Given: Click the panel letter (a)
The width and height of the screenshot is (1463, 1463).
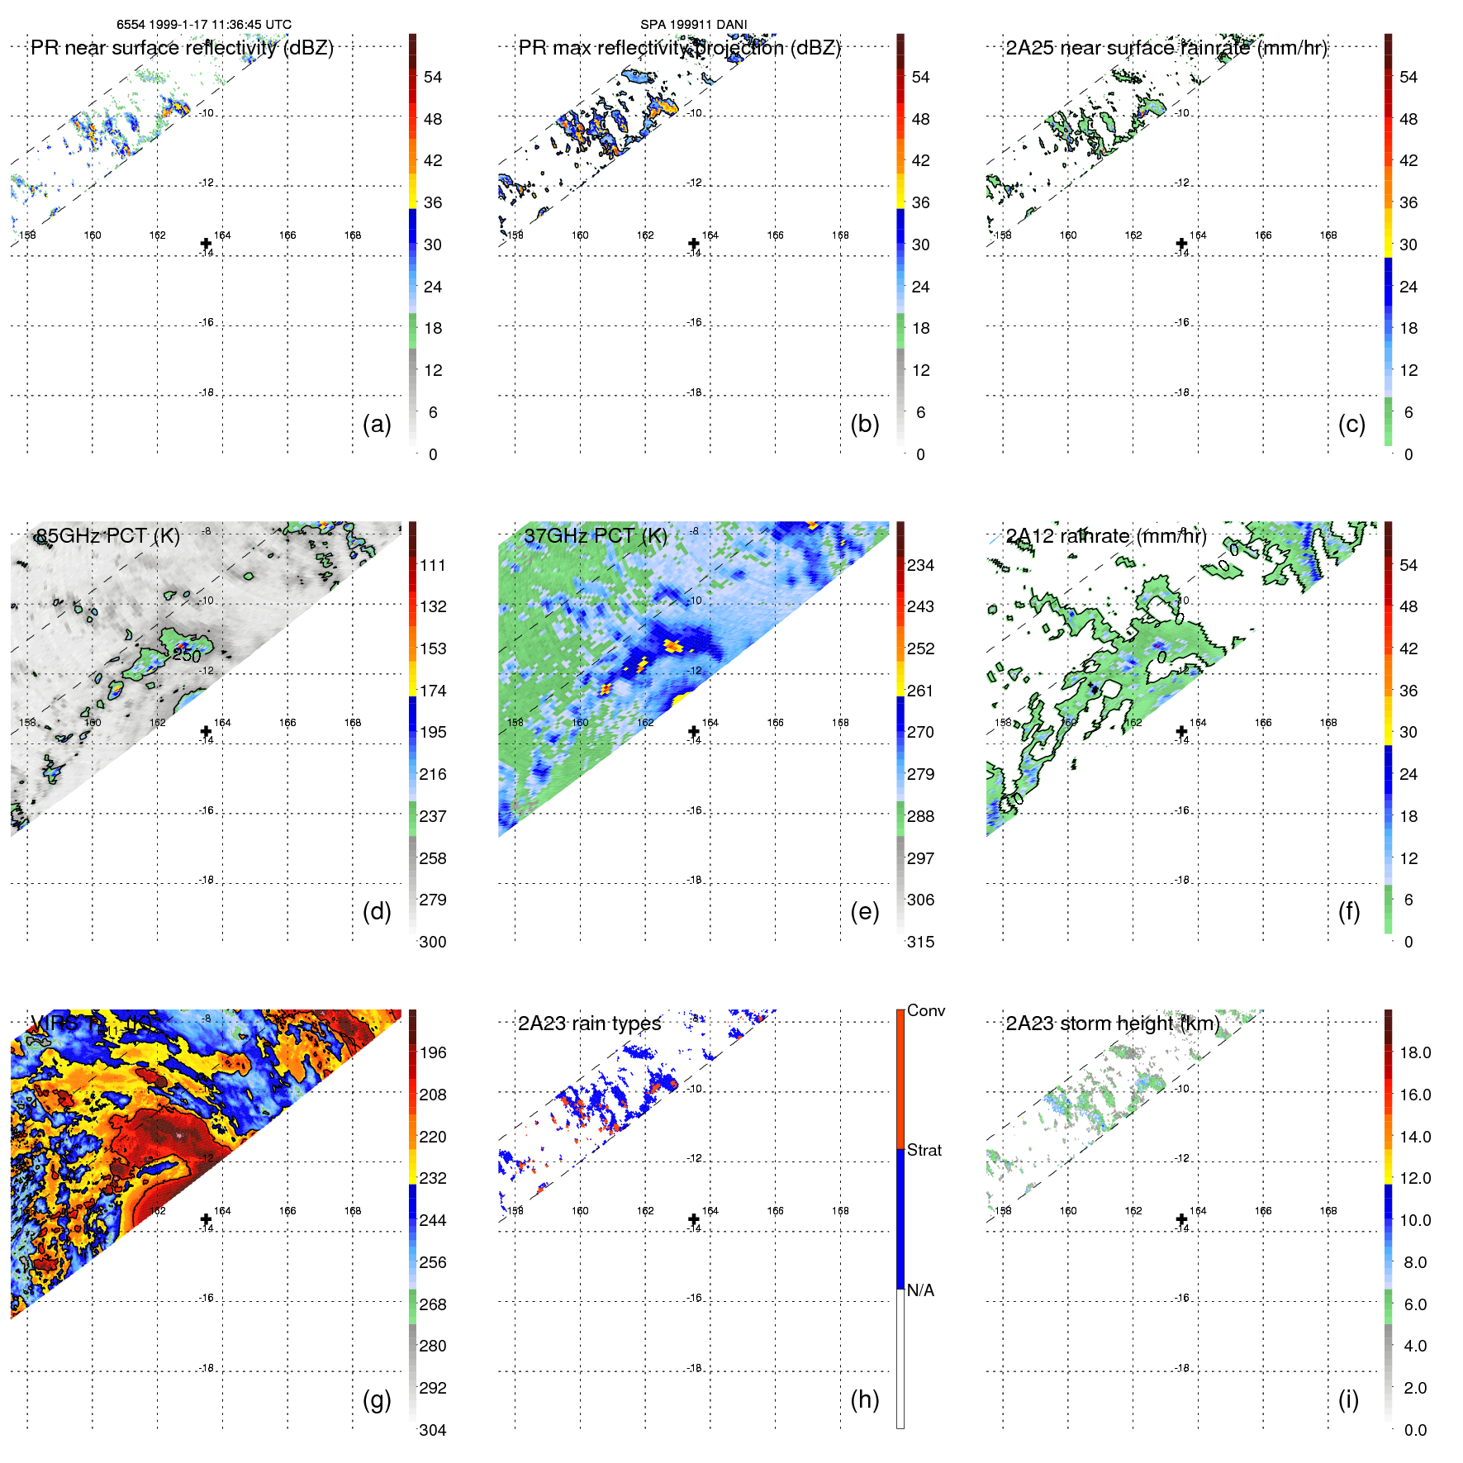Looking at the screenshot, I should (377, 425).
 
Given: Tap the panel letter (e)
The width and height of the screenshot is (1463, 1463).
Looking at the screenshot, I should (864, 912).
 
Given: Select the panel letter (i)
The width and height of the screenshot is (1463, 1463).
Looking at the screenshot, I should (1348, 1399).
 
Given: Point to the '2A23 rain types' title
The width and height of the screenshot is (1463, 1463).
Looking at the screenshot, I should (589, 1024).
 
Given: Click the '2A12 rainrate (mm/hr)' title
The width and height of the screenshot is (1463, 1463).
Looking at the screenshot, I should (1105, 536).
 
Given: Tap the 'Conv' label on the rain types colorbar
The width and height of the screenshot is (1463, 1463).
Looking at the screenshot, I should (925, 1010).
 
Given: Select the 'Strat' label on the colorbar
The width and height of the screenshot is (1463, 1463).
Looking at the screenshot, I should (924, 1150).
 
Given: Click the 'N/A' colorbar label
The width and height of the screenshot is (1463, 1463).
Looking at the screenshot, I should (920, 1290).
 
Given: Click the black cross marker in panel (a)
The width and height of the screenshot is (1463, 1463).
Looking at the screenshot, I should (206, 244).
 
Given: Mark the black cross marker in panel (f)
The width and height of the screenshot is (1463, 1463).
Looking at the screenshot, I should (1181, 731).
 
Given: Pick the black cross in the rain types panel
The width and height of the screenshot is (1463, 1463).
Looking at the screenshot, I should (694, 1219).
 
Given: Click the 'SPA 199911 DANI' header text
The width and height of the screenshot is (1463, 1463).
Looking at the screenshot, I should (693, 25).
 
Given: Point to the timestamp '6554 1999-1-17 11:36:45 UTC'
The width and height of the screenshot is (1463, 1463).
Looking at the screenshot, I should (204, 25).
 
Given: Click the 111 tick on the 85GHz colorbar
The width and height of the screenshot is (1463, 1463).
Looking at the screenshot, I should (432, 565).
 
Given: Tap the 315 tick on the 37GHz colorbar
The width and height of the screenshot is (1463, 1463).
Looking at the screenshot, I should (920, 942).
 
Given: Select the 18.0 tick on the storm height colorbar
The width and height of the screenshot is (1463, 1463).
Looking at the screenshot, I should (1414, 1052).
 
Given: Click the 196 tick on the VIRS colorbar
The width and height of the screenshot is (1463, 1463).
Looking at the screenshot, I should (432, 1052).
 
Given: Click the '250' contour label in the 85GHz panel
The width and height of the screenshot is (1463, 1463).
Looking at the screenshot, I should (187, 656).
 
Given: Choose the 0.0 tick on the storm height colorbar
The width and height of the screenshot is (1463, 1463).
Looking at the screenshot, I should (1414, 1430).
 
